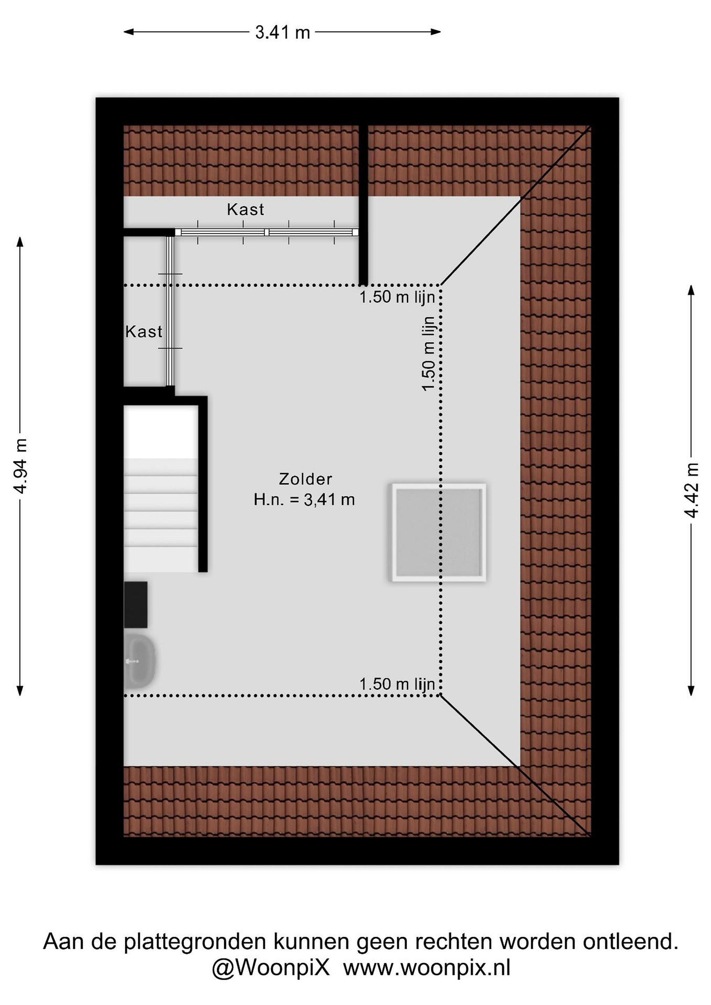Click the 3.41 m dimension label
tap(282, 32)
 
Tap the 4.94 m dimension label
tap(21, 466)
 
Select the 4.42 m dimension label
tap(691, 490)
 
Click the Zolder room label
tap(306, 479)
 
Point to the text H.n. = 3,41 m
tap(304, 499)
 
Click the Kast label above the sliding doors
tap(246, 210)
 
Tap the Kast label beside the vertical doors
tap(143, 332)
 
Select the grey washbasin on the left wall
tap(140, 662)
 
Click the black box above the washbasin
tap(136, 605)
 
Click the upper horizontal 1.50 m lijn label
tap(397, 297)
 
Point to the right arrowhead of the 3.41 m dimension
tap(436, 31)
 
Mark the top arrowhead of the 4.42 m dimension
tap(691, 291)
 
